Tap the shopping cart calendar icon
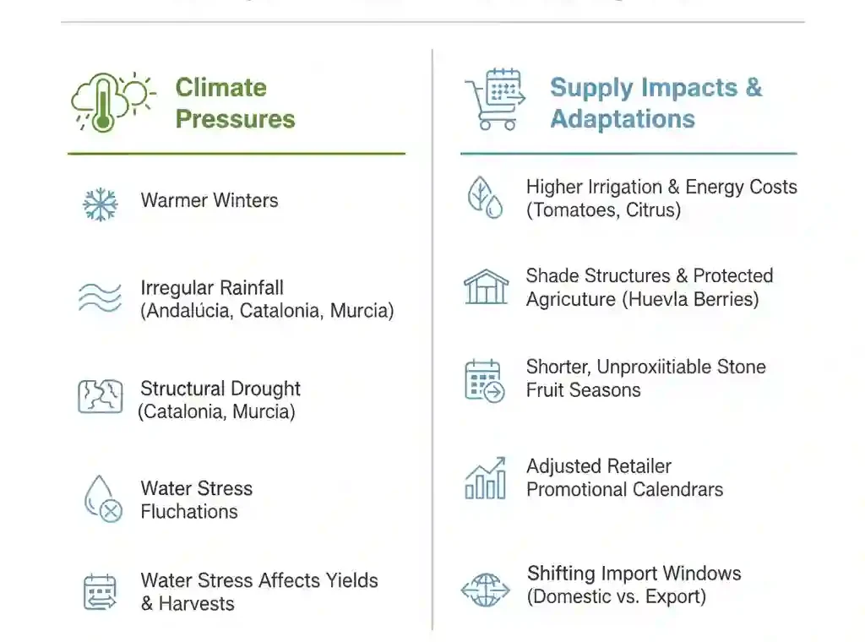[495, 100]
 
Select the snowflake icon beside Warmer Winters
[101, 204]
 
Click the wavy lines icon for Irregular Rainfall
[101, 297]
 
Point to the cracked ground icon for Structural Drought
[101, 396]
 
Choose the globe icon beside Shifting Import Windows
[486, 589]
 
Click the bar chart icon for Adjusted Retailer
[486, 478]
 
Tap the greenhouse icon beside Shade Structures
[486, 287]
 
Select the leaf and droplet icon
[486, 198]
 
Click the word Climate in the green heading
[220, 88]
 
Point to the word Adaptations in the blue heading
[622, 119]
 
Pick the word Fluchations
[189, 512]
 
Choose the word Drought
[267, 389]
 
